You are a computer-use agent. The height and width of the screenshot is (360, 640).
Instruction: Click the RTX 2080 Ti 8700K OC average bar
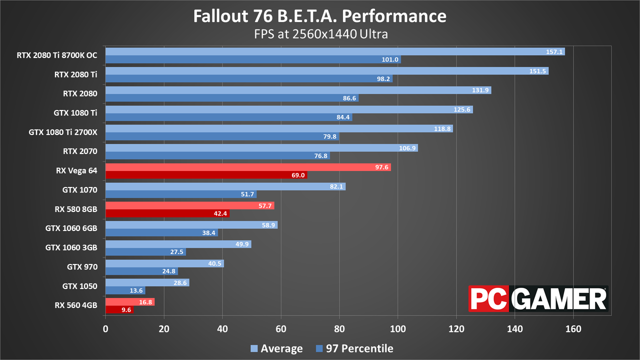pyautogui.click(x=335, y=51)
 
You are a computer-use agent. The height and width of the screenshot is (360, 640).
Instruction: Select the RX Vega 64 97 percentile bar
pyautogui.click(x=206, y=175)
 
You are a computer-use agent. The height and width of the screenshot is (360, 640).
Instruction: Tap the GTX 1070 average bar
pyautogui.click(x=225, y=186)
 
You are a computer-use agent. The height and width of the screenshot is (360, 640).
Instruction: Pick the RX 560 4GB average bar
pyautogui.click(x=130, y=302)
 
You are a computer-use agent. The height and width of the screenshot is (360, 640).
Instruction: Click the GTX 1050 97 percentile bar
pyautogui.click(x=125, y=290)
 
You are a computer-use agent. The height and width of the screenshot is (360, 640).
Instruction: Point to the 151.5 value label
pyautogui.click(x=537, y=71)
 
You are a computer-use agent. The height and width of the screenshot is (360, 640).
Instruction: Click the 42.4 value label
pyautogui.click(x=220, y=213)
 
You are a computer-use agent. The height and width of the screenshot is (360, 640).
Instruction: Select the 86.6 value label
pyautogui.click(x=349, y=98)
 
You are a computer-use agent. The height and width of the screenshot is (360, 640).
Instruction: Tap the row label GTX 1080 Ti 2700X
pyautogui.click(x=63, y=132)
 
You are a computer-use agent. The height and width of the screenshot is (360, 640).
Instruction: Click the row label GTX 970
pyautogui.click(x=82, y=267)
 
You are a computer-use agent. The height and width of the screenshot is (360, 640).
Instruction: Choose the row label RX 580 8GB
pyautogui.click(x=76, y=209)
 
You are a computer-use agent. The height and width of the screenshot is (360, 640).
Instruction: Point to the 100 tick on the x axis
pyautogui.click(x=398, y=329)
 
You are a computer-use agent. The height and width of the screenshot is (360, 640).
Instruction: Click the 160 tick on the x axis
pyautogui.click(x=573, y=329)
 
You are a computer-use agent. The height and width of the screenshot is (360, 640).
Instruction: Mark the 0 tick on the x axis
pyautogui.click(x=105, y=329)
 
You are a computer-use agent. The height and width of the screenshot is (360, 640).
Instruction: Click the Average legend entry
pyautogui.click(x=276, y=348)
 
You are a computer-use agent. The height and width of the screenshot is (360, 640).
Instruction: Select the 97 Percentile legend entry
pyautogui.click(x=354, y=348)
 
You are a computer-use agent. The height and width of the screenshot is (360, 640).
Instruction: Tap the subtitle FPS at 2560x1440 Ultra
pyautogui.click(x=321, y=34)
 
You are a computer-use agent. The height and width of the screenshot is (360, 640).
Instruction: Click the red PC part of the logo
pyautogui.click(x=488, y=299)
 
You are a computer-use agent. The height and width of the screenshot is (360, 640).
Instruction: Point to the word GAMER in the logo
pyautogui.click(x=558, y=299)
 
